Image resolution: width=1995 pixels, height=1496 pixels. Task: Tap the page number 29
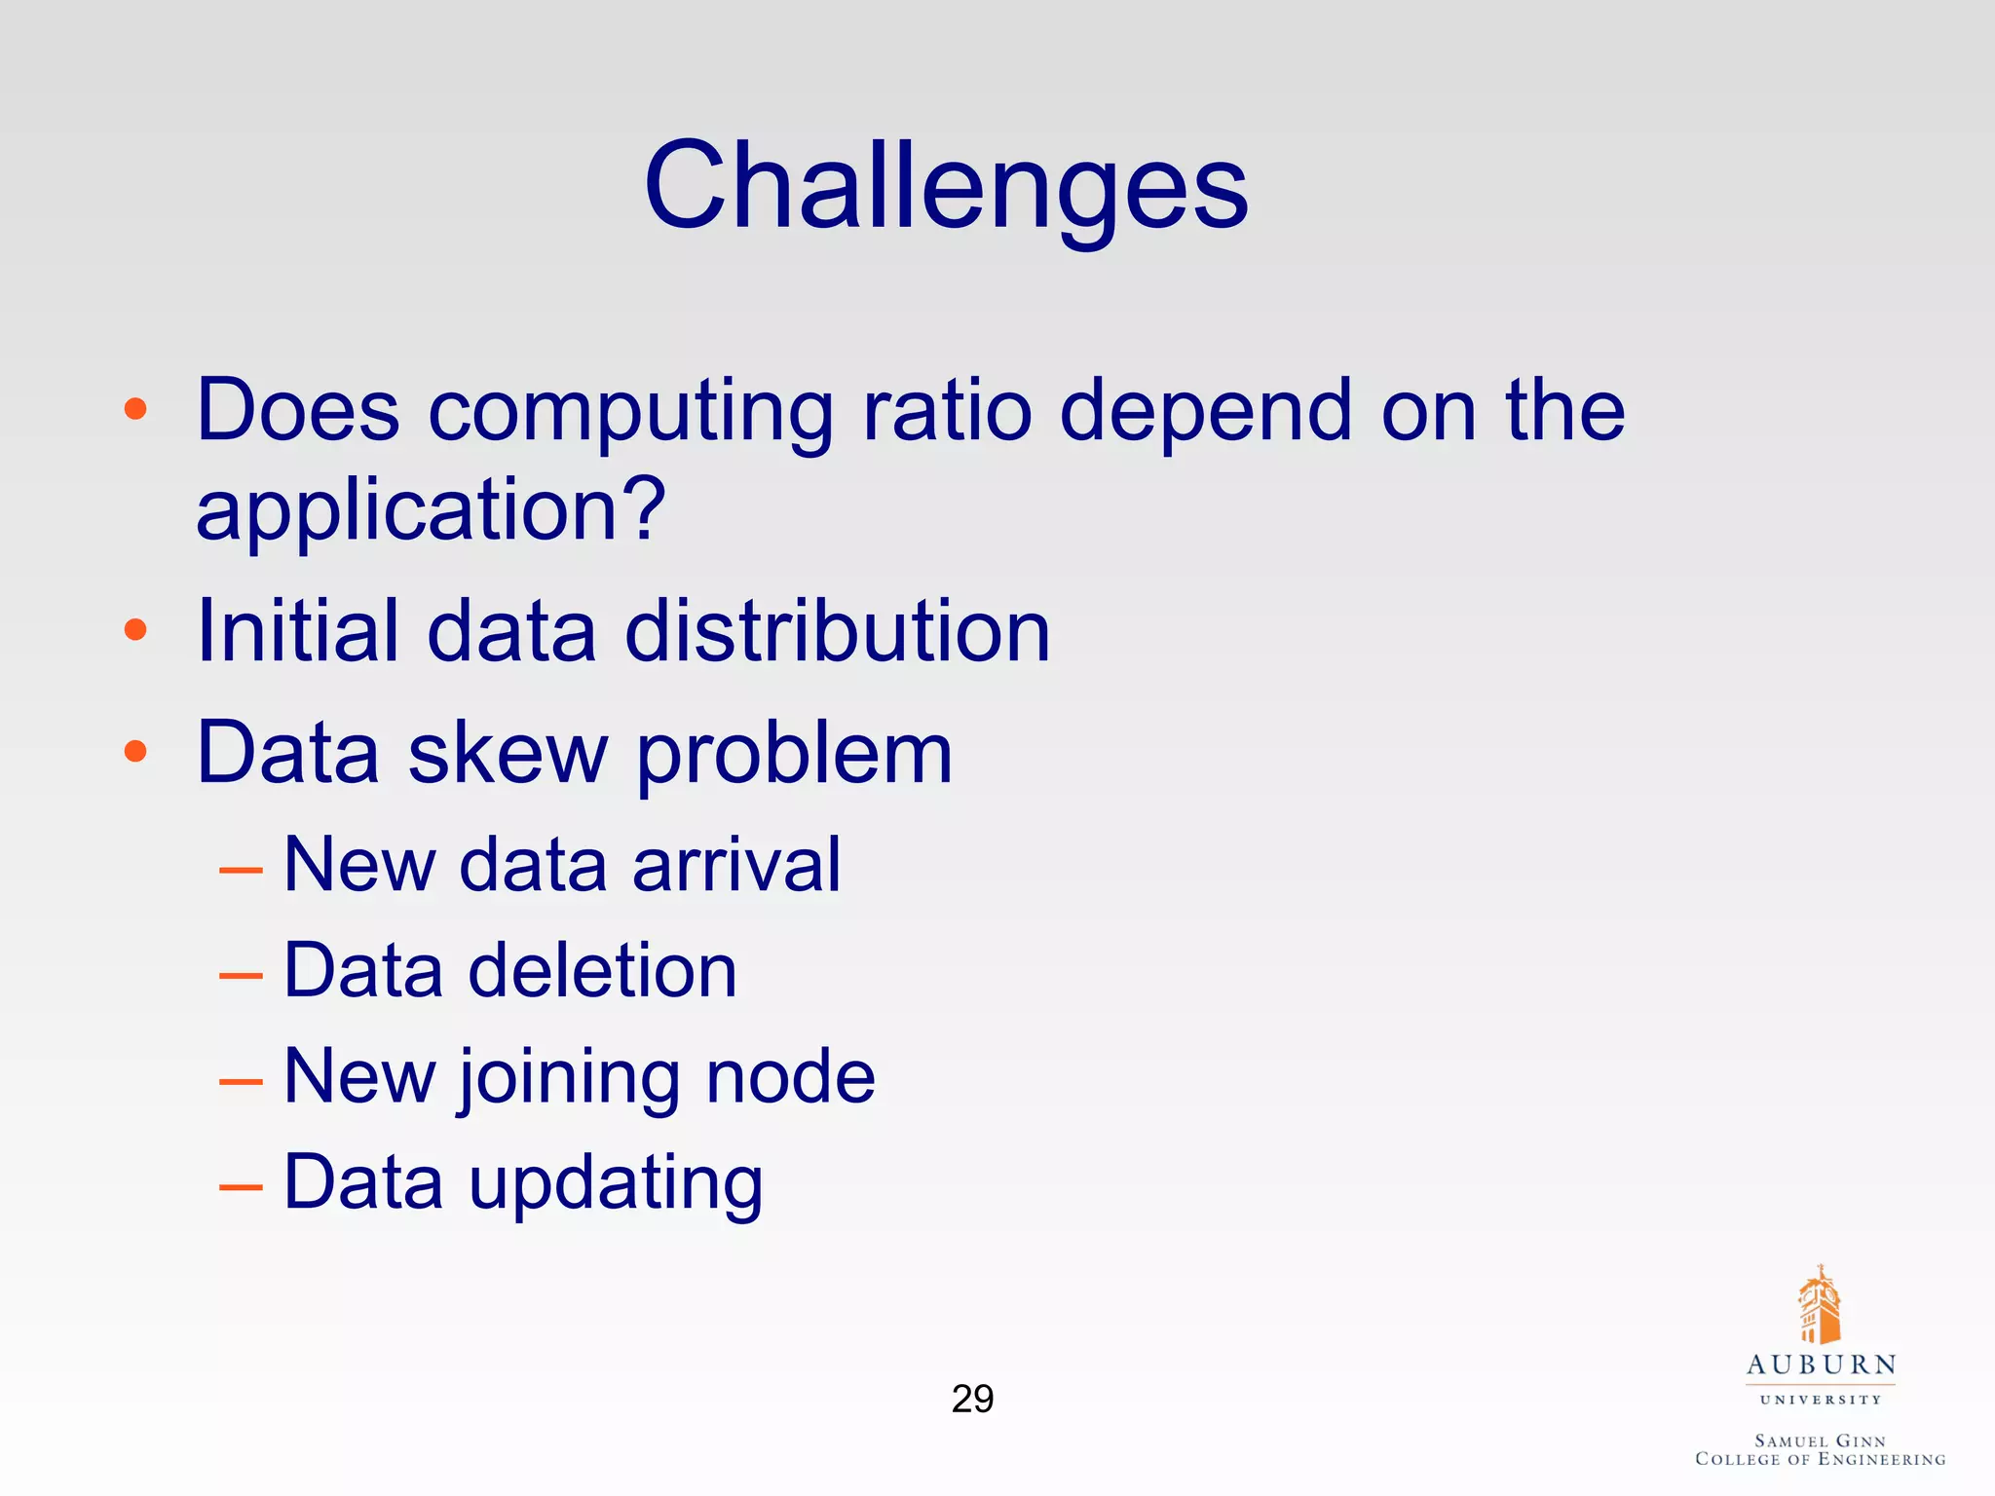[x=972, y=1399]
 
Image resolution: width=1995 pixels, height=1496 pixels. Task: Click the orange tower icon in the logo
[x=1819, y=1305]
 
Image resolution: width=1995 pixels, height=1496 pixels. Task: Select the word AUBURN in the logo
[x=1821, y=1365]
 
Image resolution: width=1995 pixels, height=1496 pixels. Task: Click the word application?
[x=431, y=511]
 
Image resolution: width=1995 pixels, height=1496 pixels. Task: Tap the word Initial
[x=298, y=631]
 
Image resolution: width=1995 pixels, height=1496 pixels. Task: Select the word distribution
[x=838, y=631]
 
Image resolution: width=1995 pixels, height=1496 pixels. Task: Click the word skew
[x=508, y=753]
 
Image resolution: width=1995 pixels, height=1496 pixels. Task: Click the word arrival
[x=736, y=864]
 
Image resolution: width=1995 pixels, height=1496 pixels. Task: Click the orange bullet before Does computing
[x=135, y=409]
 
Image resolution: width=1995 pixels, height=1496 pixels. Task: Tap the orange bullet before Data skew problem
[x=135, y=751]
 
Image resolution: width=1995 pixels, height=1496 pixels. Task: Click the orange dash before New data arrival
[x=241, y=868]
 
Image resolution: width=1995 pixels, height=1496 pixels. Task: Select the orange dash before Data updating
[x=241, y=1186]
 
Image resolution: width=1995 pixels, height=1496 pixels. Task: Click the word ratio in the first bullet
[x=947, y=410]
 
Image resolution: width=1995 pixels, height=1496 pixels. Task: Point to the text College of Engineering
[x=1820, y=1459]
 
